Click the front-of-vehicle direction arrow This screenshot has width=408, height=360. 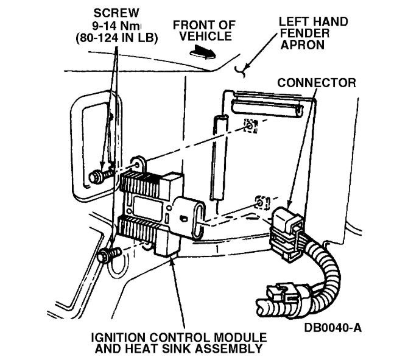[201, 53]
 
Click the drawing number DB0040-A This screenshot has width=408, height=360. [333, 329]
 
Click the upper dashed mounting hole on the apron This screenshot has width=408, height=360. [249, 125]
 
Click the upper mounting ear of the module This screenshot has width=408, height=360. [138, 163]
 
